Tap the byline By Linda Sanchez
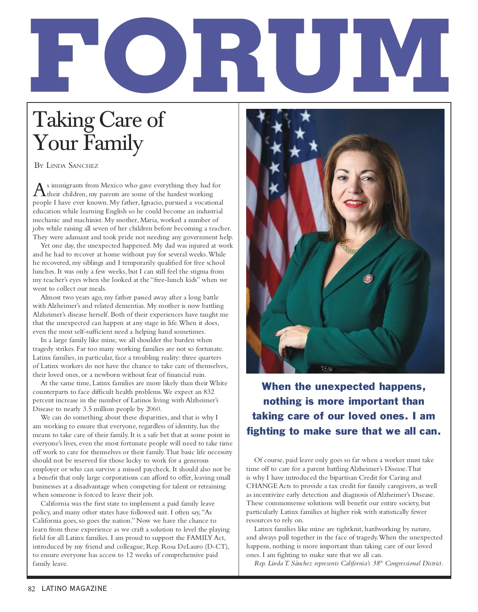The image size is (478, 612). coord(66,165)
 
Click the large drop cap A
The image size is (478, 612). coord(39,190)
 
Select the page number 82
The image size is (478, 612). coord(32,589)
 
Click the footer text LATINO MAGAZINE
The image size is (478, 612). coord(74,589)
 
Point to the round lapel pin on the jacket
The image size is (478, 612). coord(368,278)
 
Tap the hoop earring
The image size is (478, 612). coord(388,206)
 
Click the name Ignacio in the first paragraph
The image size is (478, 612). coord(152,203)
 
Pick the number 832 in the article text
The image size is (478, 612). coord(209,392)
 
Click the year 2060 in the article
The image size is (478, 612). coord(153,409)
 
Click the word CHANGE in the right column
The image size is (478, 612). coord(262,486)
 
